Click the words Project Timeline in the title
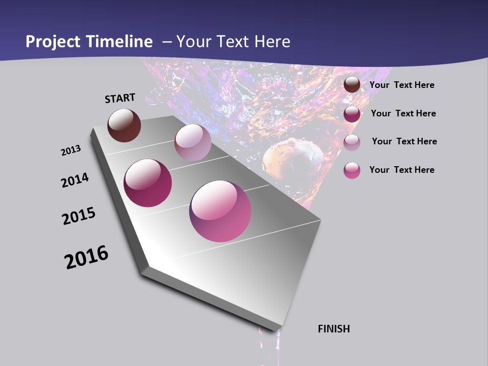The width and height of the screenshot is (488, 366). pyautogui.click(x=89, y=42)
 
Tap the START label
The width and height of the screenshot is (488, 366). pyautogui.click(x=120, y=98)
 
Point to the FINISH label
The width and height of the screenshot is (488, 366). pyautogui.click(x=334, y=329)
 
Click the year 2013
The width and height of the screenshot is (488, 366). pyautogui.click(x=71, y=150)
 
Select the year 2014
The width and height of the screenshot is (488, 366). pyautogui.click(x=75, y=180)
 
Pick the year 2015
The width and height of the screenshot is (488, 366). pyautogui.click(x=79, y=216)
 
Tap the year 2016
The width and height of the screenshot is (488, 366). pyautogui.click(x=86, y=257)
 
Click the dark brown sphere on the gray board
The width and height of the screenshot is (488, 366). pyautogui.click(x=124, y=125)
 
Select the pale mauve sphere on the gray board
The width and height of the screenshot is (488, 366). pyautogui.click(x=193, y=142)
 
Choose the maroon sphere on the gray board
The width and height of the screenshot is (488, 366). pyautogui.click(x=148, y=183)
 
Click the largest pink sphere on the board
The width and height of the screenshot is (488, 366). pyautogui.click(x=220, y=211)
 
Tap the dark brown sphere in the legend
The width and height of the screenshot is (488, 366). pyautogui.click(x=352, y=84)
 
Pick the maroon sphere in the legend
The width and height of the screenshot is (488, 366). pyautogui.click(x=352, y=114)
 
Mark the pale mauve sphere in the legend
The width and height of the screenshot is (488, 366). pyautogui.click(x=352, y=142)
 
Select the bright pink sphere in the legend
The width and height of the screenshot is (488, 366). pyautogui.click(x=352, y=170)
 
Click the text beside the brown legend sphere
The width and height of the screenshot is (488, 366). pyautogui.click(x=402, y=85)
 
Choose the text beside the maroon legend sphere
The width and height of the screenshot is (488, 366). pyautogui.click(x=403, y=113)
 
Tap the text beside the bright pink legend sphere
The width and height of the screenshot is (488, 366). pyautogui.click(x=402, y=170)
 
